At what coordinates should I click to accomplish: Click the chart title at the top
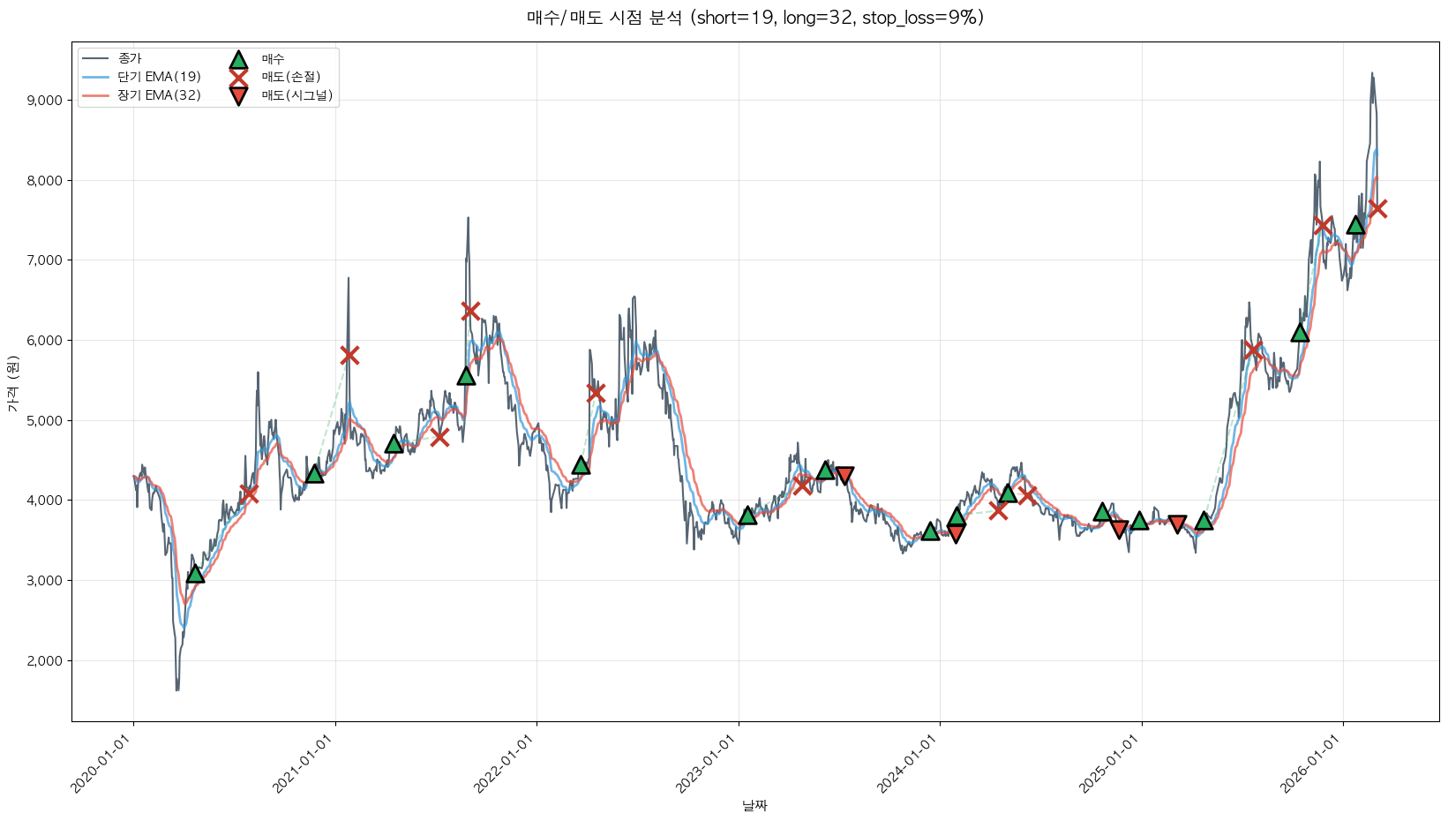point(754,18)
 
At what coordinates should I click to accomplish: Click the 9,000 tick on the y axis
point(44,101)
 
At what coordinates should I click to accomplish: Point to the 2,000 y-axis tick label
point(44,661)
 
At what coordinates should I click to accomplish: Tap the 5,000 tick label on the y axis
point(44,421)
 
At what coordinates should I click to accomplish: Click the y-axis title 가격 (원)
point(12,384)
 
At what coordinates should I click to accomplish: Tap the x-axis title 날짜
point(754,805)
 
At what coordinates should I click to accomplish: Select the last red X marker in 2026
point(1377,208)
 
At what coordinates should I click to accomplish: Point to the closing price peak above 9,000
point(1372,74)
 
